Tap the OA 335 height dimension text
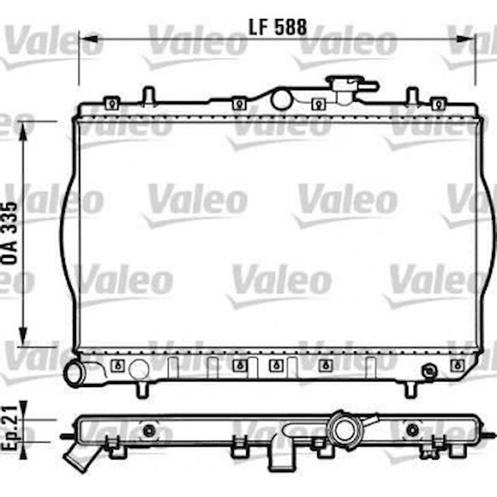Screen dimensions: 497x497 click(x=11, y=233)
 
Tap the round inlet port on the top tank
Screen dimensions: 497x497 click(x=281, y=100)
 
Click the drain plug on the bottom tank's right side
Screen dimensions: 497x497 click(x=430, y=371)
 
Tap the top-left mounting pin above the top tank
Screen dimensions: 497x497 click(x=148, y=95)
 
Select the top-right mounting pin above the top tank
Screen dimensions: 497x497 click(x=412, y=95)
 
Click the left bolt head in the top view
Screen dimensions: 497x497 click(x=149, y=430)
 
